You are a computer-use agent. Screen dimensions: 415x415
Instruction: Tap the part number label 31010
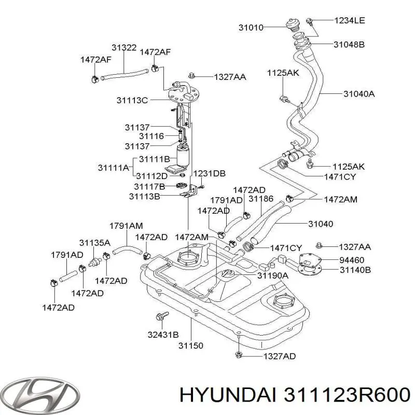[265, 27]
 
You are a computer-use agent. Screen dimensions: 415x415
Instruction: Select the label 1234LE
[349, 21]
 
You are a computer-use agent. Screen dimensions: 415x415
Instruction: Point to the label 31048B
[349, 45]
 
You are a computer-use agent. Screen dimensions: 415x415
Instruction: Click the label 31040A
[359, 94]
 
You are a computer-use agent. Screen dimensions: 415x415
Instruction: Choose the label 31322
[124, 48]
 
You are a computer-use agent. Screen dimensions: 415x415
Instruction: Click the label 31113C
[132, 100]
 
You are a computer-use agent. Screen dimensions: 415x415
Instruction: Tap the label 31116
[151, 136]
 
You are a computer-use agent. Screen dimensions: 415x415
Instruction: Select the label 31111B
[155, 159]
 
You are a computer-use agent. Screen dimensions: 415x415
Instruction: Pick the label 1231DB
[209, 173]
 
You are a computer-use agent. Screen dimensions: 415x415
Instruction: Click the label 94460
[351, 259]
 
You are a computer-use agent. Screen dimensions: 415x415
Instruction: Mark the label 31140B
[354, 270]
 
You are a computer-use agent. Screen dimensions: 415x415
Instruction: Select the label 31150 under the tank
[190, 345]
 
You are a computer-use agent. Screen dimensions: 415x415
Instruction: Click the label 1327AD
[280, 356]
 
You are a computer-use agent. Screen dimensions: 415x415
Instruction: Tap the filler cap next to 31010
[292, 24]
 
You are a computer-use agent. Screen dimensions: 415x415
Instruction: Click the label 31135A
[94, 242]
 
